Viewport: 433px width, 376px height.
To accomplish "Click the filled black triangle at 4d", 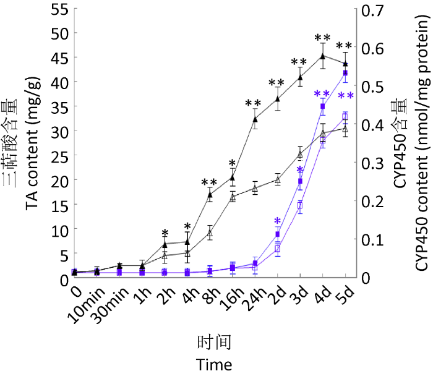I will point(322,56).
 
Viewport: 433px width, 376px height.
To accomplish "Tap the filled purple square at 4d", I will point(322,106).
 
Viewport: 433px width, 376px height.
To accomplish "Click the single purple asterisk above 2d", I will point(277,221).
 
